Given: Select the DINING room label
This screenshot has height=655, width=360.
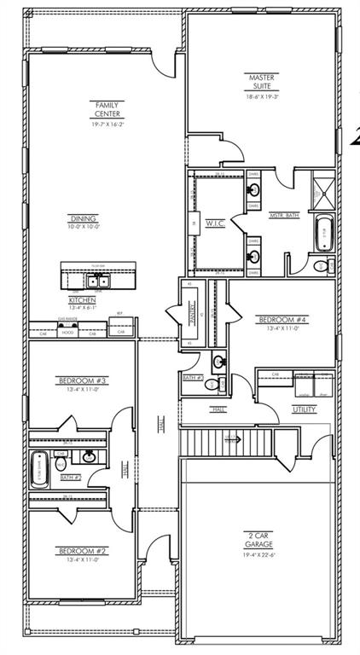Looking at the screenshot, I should coord(84,218).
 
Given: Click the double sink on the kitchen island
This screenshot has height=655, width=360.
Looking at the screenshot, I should coord(96,281).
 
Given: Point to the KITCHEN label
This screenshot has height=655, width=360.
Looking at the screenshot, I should coord(83,301).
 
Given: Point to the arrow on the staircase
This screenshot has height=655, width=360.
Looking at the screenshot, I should coord(229,439).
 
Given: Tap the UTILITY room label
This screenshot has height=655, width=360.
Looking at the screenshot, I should coord(304,409).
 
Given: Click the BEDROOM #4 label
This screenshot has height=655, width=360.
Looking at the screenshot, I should coord(282,321).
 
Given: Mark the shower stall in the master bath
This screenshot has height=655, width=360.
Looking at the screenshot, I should coord(322,189).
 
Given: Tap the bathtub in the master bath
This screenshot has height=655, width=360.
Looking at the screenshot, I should coord(324,234).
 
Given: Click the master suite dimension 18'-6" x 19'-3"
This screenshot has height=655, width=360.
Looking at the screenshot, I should coord(261,97).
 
